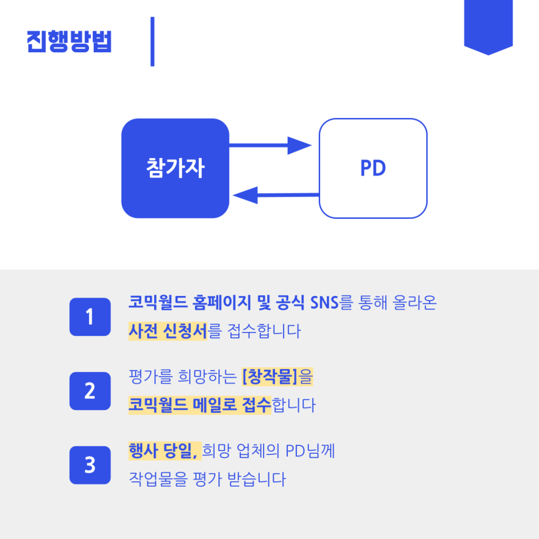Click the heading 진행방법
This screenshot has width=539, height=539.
(x=69, y=42)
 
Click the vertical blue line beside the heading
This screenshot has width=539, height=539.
(x=153, y=42)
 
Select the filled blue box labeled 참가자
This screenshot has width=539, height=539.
(x=175, y=168)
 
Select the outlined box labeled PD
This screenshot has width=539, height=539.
(x=373, y=168)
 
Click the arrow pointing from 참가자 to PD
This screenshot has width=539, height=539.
(x=269, y=145)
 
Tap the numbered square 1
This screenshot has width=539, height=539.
(x=89, y=316)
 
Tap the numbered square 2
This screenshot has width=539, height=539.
(x=89, y=391)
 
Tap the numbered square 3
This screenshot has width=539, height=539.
(x=89, y=465)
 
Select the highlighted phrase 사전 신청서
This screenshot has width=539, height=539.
(x=168, y=330)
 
